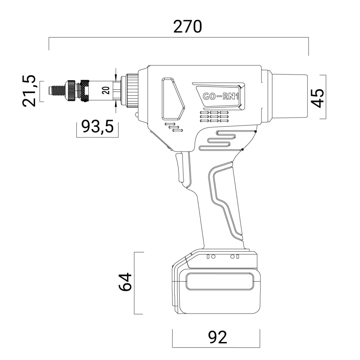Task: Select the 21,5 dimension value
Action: pyautogui.click(x=29, y=91)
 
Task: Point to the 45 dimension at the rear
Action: pyautogui.click(x=317, y=97)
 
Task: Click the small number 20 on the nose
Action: pyautogui.click(x=106, y=91)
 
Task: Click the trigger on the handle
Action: pyautogui.click(x=180, y=168)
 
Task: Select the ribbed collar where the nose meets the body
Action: pyautogui.click(x=132, y=91)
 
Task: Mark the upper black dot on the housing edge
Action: pyautogui.click(x=255, y=132)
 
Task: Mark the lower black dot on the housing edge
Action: pyautogui.click(x=242, y=150)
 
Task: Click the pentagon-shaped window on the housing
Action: pyautogui.click(x=172, y=99)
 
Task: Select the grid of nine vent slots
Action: pyautogui.click(x=214, y=116)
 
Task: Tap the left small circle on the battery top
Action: pyautogui.click(x=213, y=256)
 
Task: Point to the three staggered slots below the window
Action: pyautogui.click(x=174, y=127)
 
